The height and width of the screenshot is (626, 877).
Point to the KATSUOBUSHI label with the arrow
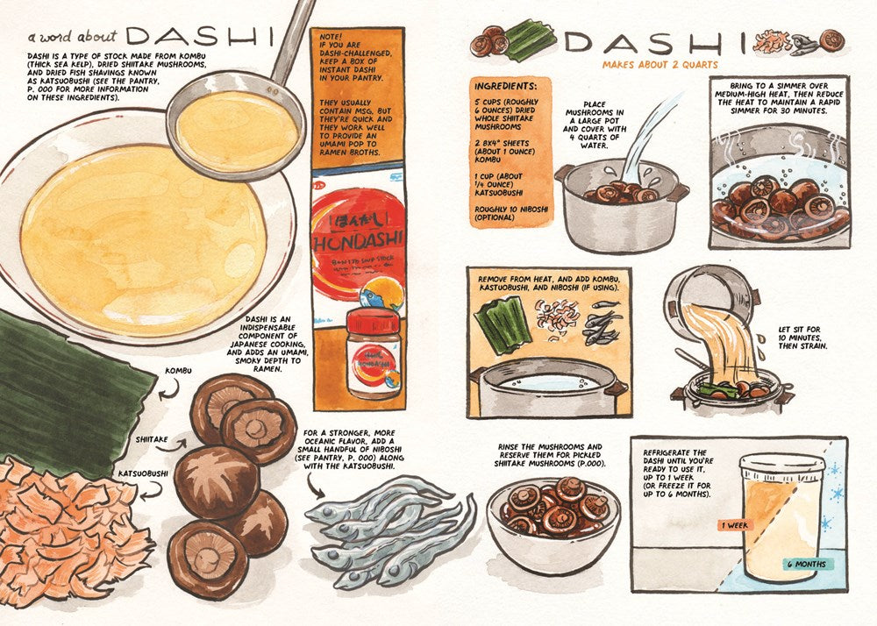tap(145, 473)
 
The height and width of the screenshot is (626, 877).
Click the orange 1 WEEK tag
tap(734, 524)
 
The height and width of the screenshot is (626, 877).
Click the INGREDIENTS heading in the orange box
tap(505, 89)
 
